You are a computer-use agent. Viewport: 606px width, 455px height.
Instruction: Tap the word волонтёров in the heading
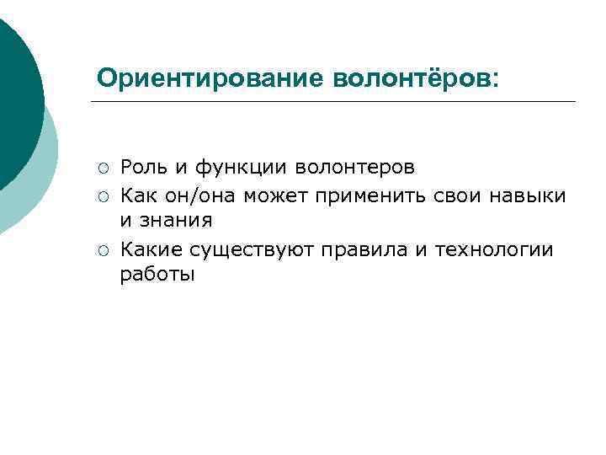[x=416, y=78]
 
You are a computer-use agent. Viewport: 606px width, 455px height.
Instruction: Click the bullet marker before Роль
[x=102, y=169]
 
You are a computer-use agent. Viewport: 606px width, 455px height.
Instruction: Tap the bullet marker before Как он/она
[x=102, y=195]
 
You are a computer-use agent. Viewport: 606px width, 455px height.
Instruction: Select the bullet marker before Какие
[x=102, y=249]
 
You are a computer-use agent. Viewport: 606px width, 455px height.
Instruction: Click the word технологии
[x=494, y=249]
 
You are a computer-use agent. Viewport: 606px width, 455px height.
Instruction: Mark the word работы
[x=157, y=275]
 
